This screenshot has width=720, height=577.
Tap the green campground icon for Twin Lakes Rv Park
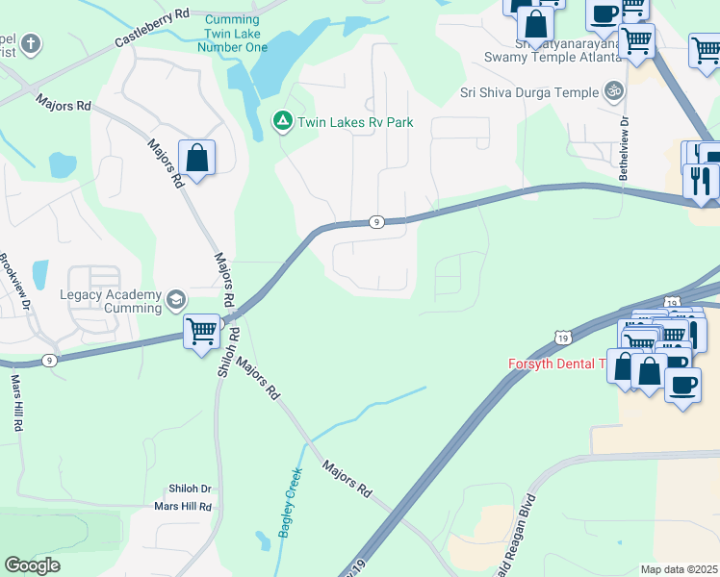pyautogui.click(x=282, y=122)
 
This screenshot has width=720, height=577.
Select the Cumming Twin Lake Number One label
pyautogui.click(x=232, y=33)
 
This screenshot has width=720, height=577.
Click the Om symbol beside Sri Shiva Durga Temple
pyautogui.click(x=613, y=92)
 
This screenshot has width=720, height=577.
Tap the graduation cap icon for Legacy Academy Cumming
pyautogui.click(x=175, y=300)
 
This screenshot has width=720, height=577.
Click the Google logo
pyautogui.click(x=32, y=565)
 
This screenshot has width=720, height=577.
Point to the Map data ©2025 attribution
pyautogui.click(x=679, y=569)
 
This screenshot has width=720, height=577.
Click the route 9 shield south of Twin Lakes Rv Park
pyautogui.click(x=376, y=222)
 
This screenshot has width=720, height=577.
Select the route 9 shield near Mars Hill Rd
pyautogui.click(x=50, y=360)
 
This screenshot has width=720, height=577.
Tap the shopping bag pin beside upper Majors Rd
pyautogui.click(x=196, y=159)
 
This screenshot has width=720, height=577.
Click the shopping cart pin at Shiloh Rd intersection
pyautogui.click(x=202, y=333)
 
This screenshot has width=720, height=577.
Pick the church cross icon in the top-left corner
pyautogui.click(x=30, y=44)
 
